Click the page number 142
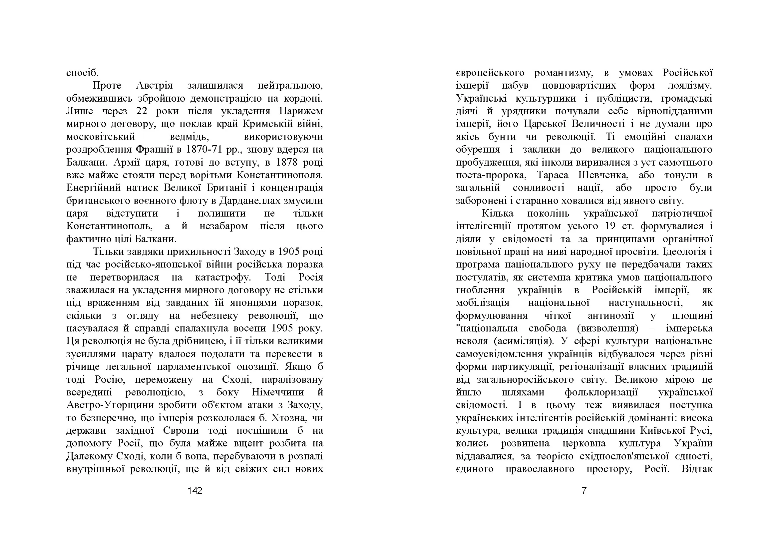(x=195, y=490)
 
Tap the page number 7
(x=584, y=490)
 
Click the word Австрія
(x=155, y=86)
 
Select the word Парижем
(x=301, y=111)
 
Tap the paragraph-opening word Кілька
(x=497, y=214)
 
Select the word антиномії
(x=611, y=316)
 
